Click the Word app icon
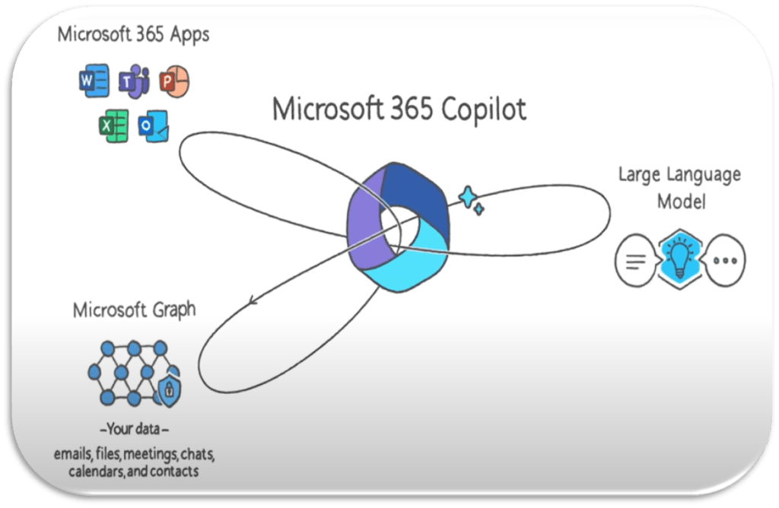(94, 81)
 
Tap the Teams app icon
(134, 81)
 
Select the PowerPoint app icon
(174, 81)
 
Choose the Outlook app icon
(153, 126)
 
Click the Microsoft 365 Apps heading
(133, 35)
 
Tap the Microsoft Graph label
(134, 310)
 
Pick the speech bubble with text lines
(635, 260)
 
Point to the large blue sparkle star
(467, 197)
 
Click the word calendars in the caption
(99, 471)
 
